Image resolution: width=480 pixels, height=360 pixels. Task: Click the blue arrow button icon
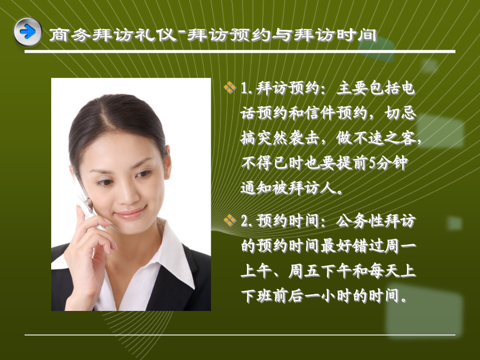[28, 32]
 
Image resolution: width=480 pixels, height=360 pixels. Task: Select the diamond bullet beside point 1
[230, 88]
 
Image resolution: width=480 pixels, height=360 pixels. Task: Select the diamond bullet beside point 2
[230, 220]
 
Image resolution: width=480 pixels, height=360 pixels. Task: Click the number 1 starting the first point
[244, 89]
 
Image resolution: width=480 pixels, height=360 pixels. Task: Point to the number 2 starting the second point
[245, 221]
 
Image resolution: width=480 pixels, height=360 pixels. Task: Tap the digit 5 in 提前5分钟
[372, 163]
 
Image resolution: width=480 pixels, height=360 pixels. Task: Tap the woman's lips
[131, 212]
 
